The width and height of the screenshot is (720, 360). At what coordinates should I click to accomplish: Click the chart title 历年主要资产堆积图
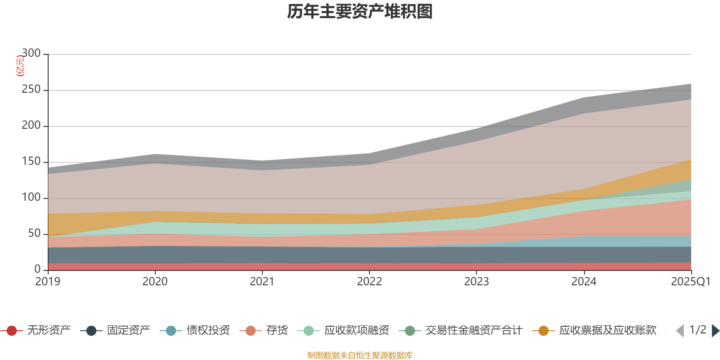click(360, 12)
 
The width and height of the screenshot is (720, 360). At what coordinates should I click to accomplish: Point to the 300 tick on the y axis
click(31, 54)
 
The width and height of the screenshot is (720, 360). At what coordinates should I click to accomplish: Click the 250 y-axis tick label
click(31, 90)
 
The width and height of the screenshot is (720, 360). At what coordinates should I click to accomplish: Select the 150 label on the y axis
click(31, 162)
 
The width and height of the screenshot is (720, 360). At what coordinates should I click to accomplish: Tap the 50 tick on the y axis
click(34, 234)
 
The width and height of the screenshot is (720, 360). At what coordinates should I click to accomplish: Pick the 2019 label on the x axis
click(48, 282)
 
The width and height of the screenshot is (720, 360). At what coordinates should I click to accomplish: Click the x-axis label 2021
click(262, 282)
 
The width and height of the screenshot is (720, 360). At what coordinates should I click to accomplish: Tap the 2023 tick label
click(477, 282)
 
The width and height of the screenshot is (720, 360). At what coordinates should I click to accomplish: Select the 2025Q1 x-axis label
click(690, 282)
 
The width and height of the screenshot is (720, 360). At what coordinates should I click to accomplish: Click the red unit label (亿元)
click(20, 66)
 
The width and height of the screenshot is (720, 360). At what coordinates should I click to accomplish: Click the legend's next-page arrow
click(715, 331)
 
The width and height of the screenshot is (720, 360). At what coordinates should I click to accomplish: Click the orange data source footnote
click(360, 355)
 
